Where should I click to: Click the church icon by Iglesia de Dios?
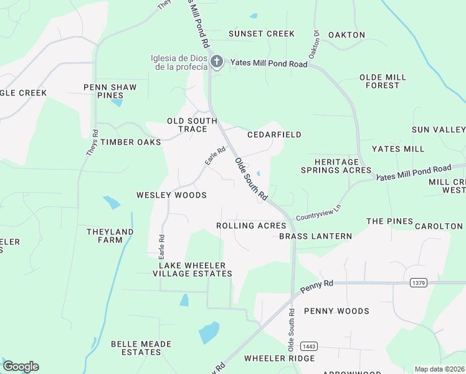pos(216,62)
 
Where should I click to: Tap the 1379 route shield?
pos(419,283)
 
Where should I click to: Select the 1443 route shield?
pos(308,346)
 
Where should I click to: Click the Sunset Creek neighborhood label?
pos(261,34)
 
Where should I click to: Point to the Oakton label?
pos(346,35)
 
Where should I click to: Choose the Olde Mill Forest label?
pos(383,81)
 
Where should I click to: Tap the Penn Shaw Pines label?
pos(110,91)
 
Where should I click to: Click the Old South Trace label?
pos(193,125)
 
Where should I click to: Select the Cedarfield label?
pos(274,135)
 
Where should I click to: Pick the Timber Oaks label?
pos(131,142)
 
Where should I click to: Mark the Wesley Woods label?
pos(171,195)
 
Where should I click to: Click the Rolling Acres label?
pos(251,226)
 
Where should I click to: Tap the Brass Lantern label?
pos(315,236)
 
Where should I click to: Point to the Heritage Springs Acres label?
pos(336,166)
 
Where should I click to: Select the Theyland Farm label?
pos(110,236)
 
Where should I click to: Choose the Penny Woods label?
pos(336,311)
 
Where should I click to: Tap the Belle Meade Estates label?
pos(136,348)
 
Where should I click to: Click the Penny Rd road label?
pos(316,287)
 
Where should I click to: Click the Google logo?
pos(21,367)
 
